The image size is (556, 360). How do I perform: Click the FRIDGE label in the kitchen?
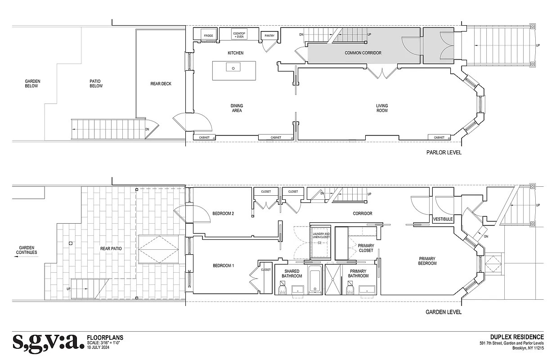[x=208, y=36]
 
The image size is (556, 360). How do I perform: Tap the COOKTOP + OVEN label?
[x=238, y=34]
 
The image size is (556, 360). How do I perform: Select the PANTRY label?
[x=270, y=36]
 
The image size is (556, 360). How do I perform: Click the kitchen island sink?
[x=234, y=68]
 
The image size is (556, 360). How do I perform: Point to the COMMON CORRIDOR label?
[x=363, y=53]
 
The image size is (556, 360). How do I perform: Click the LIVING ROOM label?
[x=382, y=108]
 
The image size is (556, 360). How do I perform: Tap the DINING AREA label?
[x=237, y=108]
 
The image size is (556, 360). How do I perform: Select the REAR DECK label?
[x=161, y=84]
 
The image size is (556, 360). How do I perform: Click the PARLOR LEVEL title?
[x=444, y=153]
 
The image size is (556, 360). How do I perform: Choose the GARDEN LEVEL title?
[x=443, y=312]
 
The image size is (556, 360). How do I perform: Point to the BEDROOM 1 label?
[x=223, y=265]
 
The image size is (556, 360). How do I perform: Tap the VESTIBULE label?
[x=442, y=219]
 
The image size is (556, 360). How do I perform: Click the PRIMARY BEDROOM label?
[x=427, y=261]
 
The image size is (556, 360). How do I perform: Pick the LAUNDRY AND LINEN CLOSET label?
[x=321, y=236]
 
